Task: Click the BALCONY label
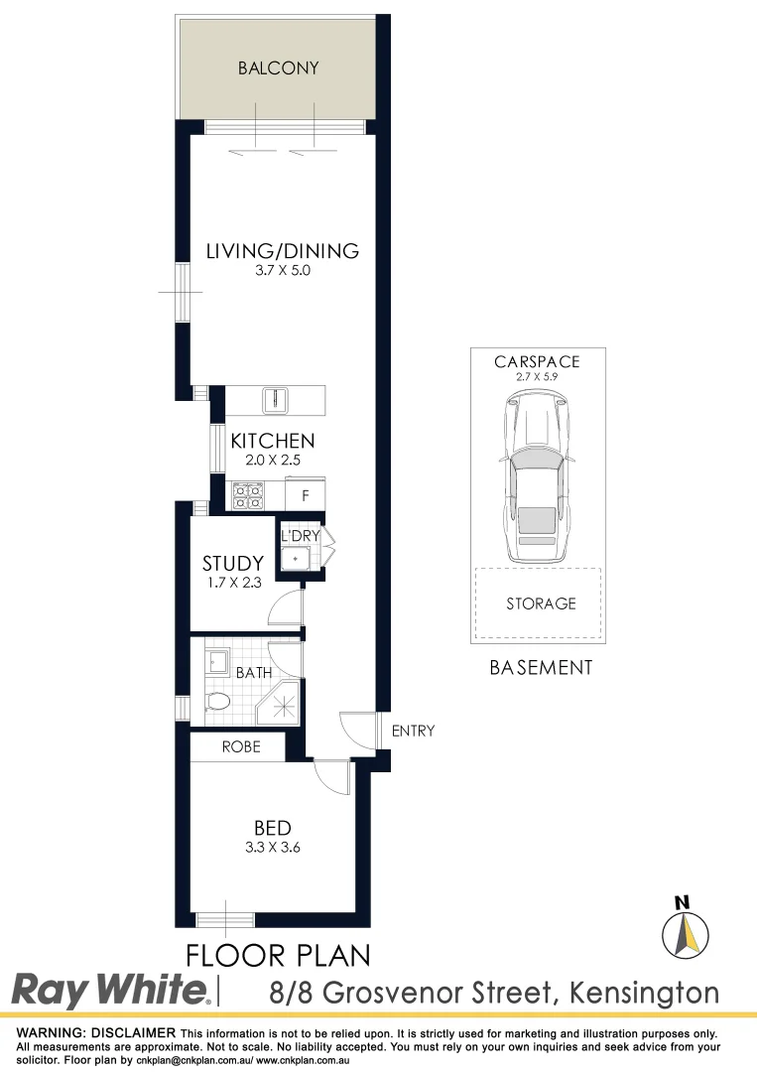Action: click(x=279, y=68)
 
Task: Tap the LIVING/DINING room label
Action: click(x=282, y=251)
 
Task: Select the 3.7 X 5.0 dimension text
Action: click(x=282, y=271)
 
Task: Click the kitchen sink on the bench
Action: click(x=275, y=400)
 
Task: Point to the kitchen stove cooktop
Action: click(x=247, y=494)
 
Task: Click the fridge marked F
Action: click(x=306, y=494)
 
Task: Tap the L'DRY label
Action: click(x=300, y=537)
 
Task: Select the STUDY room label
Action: click(x=233, y=564)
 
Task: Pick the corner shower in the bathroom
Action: click(x=279, y=705)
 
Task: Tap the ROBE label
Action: click(x=241, y=746)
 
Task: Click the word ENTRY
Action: click(x=413, y=732)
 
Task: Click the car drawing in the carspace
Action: click(x=536, y=476)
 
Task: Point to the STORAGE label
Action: click(x=541, y=603)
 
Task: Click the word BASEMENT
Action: click(x=541, y=668)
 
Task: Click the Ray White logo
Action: click(x=110, y=990)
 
